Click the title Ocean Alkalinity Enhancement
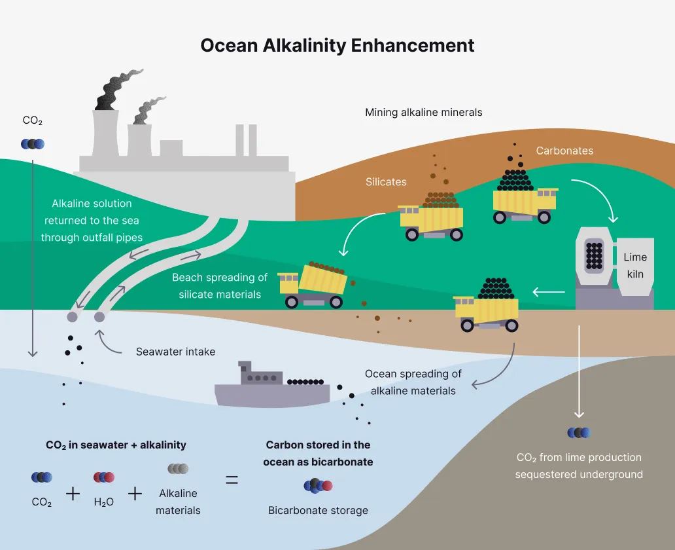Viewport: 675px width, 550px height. (x=337, y=45)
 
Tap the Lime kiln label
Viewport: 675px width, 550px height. (x=635, y=266)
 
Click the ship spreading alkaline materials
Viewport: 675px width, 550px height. (x=271, y=388)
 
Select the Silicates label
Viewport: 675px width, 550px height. (x=386, y=182)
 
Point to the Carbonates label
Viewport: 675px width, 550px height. (x=564, y=151)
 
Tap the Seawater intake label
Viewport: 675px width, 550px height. (x=175, y=352)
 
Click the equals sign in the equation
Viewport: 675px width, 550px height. (x=232, y=479)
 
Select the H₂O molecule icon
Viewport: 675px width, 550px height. (x=103, y=477)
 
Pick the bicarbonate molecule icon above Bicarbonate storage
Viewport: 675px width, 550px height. (x=318, y=485)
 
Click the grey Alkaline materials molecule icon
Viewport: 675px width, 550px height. (x=178, y=469)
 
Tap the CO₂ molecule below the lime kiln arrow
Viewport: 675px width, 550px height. (x=579, y=432)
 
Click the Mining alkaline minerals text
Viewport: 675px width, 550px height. (x=423, y=113)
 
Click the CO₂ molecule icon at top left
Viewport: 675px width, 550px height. (x=33, y=144)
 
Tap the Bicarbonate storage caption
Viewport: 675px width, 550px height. (x=318, y=510)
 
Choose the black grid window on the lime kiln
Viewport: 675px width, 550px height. (x=594, y=255)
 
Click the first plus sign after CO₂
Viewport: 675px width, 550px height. (x=73, y=494)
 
